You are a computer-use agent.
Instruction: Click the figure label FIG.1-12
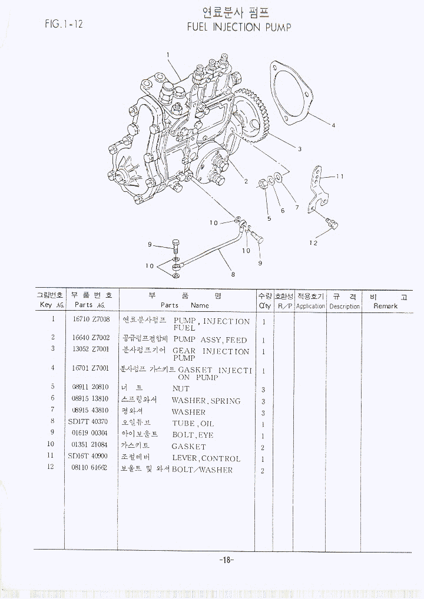click(64, 24)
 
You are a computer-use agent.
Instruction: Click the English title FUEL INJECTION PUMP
click(238, 27)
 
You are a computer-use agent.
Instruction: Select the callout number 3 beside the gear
click(299, 149)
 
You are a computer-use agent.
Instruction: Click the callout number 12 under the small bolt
click(313, 242)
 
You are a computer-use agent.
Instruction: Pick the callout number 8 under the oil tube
click(233, 274)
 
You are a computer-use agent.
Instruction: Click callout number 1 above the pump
click(168, 55)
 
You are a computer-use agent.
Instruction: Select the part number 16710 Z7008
click(91, 320)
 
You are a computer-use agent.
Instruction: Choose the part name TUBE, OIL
click(193, 424)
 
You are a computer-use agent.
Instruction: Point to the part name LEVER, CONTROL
click(206, 458)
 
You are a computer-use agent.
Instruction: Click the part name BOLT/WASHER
click(202, 470)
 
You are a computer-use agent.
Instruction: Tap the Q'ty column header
click(264, 306)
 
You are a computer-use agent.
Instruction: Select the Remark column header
click(385, 306)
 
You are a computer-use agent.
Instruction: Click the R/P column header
click(285, 306)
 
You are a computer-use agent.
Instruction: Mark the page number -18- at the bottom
click(226, 560)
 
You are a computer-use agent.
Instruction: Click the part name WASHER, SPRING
click(206, 401)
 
